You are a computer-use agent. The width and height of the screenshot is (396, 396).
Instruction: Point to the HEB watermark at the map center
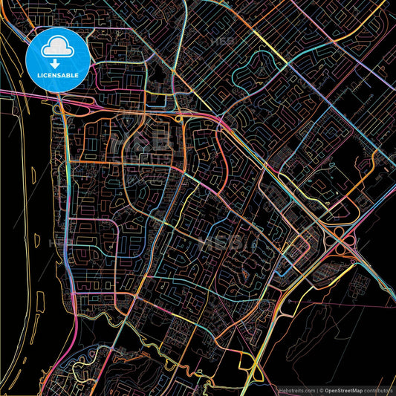point(215,241)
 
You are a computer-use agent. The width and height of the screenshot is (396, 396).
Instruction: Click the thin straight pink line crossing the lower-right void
point(334,297)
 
